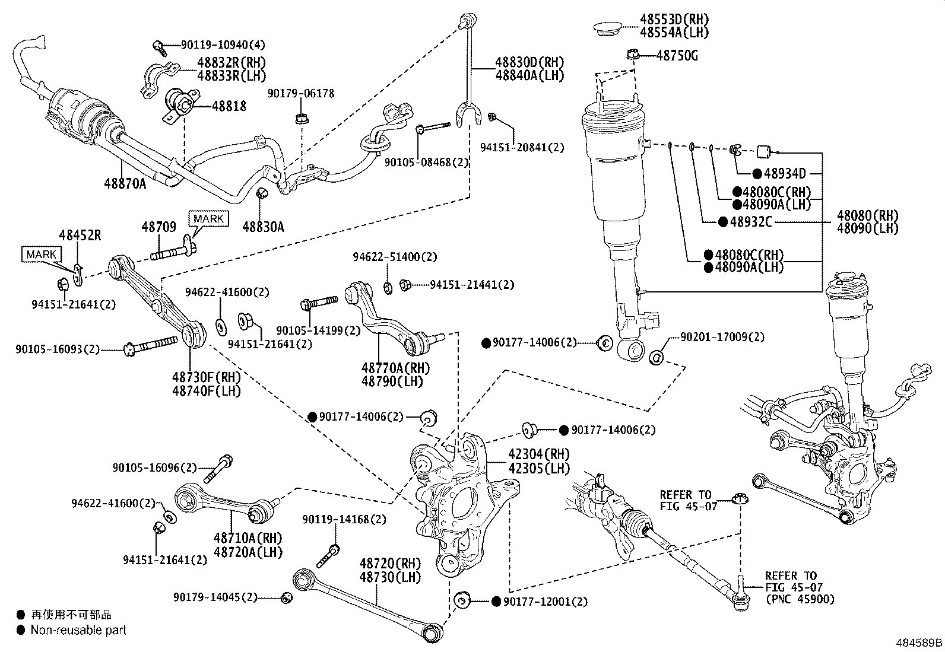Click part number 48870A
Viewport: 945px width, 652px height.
tap(125, 183)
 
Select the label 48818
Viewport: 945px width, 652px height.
tap(229, 106)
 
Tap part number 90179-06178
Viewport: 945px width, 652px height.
tap(301, 93)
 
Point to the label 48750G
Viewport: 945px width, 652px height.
tap(677, 55)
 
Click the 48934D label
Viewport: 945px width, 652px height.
tap(785, 173)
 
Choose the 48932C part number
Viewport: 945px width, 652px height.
tap(751, 222)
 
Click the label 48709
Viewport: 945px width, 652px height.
tap(158, 227)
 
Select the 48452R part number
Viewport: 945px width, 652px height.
tap(80, 236)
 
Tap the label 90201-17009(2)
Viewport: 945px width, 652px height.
tap(722, 337)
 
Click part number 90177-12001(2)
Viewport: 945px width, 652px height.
tap(546, 602)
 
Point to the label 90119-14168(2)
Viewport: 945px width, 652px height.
tap(344, 519)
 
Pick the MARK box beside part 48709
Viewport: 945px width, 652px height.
tap(209, 219)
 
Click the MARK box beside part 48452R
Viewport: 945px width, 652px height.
tap(42, 255)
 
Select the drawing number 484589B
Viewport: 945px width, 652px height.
tap(919, 643)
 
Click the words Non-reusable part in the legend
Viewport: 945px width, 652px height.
tap(78, 630)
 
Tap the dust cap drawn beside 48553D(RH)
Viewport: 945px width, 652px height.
tap(607, 29)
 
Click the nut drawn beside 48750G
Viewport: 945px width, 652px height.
tap(632, 55)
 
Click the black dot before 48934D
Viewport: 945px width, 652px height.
tap(757, 173)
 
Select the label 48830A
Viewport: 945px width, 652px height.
tap(263, 227)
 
